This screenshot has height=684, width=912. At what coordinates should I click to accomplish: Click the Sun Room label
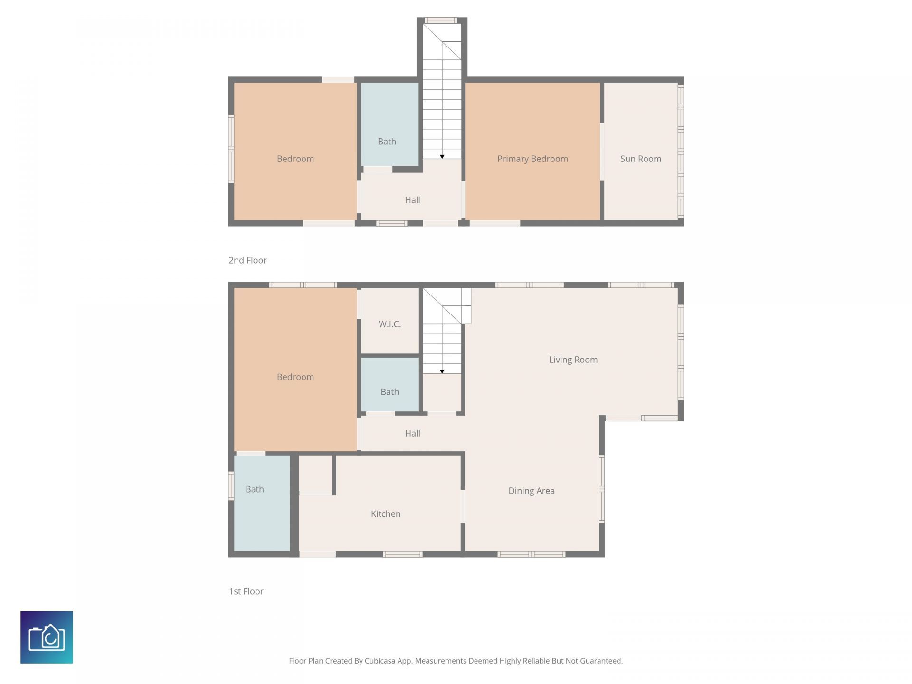tap(640, 159)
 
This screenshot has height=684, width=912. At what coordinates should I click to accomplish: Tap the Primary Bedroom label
tap(532, 159)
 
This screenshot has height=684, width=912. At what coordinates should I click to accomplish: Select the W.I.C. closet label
tap(389, 324)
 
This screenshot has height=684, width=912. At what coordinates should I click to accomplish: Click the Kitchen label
tap(385, 513)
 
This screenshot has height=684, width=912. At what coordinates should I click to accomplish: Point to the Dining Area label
tap(531, 491)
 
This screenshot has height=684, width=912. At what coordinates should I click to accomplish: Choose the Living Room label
tap(573, 360)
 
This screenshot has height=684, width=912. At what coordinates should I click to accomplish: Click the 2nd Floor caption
tap(247, 260)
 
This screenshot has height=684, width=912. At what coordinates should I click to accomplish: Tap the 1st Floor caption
tap(246, 591)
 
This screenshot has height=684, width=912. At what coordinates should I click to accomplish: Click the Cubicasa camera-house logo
tap(47, 637)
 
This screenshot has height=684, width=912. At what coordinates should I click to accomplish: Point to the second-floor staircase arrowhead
tap(442, 157)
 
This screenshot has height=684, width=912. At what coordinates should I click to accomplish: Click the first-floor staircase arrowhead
tap(442, 371)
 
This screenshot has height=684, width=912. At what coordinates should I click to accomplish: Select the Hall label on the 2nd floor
tap(412, 200)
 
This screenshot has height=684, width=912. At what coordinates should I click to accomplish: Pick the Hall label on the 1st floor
tap(412, 433)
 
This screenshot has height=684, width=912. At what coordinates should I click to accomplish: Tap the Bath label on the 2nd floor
tap(387, 141)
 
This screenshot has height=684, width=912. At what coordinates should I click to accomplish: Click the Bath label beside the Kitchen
tap(255, 489)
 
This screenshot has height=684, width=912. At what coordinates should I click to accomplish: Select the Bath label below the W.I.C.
tap(389, 392)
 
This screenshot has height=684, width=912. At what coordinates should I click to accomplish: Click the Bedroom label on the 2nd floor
tap(295, 159)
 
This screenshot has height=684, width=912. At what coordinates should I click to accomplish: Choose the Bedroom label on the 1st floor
tap(295, 377)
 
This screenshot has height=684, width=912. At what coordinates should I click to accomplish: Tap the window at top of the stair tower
tap(441, 20)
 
